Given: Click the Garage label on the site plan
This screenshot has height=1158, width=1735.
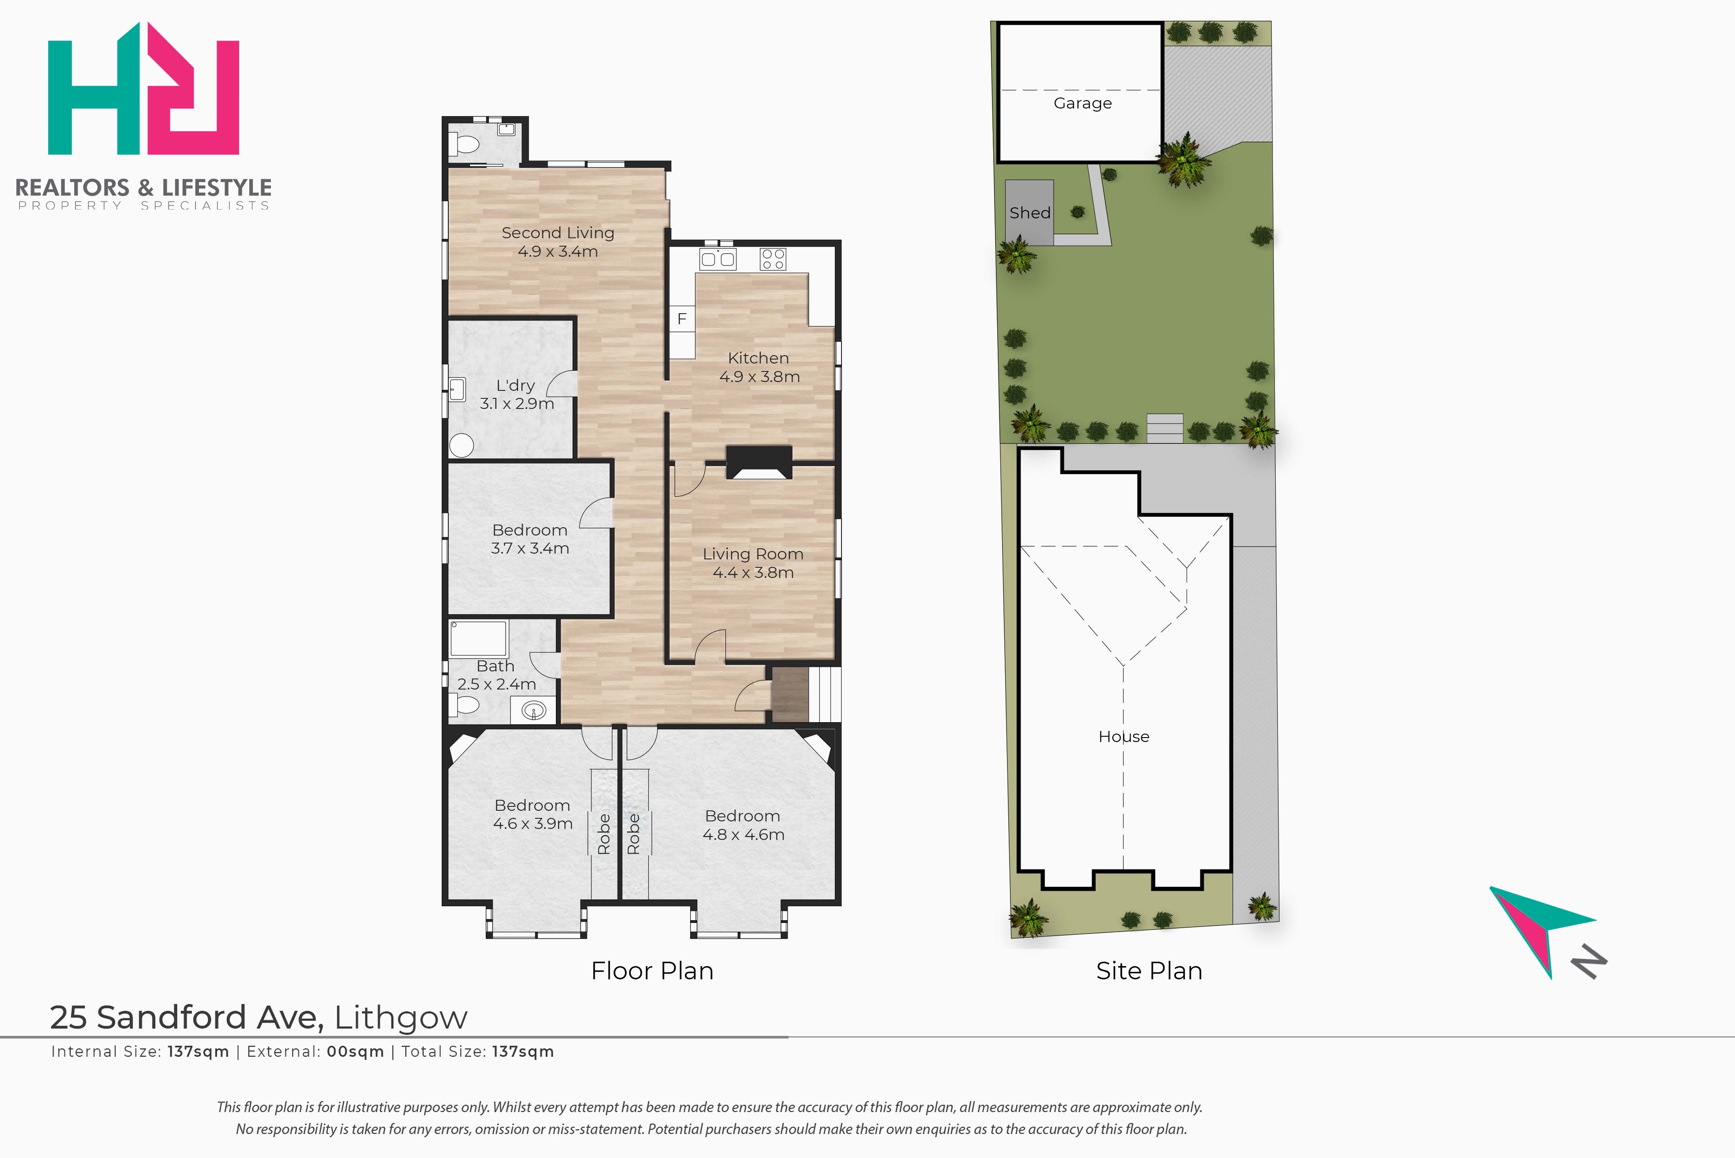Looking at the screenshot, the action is pos(1082,103).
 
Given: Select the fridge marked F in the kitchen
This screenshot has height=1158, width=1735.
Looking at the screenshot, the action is pos(682,319).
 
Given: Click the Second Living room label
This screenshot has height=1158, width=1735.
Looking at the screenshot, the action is pos(558,232).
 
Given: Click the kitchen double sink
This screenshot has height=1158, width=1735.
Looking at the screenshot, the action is pos(717,259).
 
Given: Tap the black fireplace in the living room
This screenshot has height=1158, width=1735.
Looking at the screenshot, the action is pos(759,462).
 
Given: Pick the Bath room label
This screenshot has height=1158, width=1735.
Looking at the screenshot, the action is pos(495,666).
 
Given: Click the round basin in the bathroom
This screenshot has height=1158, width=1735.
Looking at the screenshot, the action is pos(533,710).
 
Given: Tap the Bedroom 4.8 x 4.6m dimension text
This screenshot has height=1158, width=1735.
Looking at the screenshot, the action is pos(743,835).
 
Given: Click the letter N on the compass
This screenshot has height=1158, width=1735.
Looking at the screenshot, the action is pos(1589,962).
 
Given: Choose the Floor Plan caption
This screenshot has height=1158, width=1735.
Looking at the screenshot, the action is pos(652,971).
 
